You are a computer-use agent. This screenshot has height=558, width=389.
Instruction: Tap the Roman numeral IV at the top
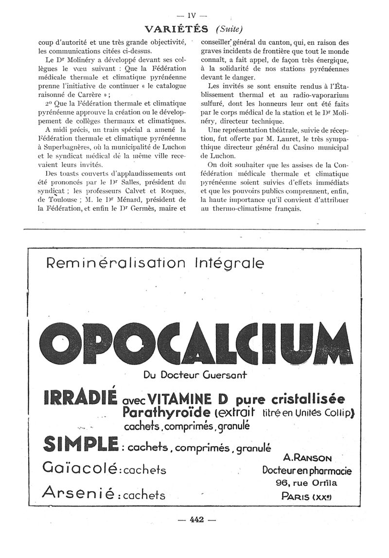195,15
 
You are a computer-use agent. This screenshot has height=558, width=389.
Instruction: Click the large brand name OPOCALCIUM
194,344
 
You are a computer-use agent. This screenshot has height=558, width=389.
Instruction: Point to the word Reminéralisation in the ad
116,263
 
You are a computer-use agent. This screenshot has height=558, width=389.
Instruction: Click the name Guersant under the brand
228,375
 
